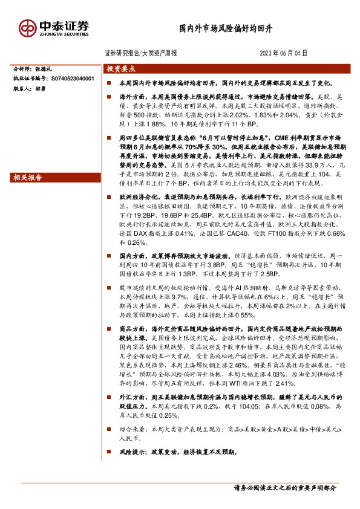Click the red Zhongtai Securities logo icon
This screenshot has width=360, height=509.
tap(27, 28)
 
